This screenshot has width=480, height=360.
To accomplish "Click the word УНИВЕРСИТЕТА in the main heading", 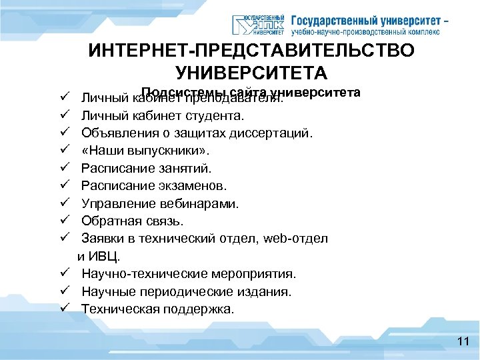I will pos(251,72).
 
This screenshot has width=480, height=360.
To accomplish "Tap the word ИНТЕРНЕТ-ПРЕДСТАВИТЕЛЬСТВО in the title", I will pos(251,51).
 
